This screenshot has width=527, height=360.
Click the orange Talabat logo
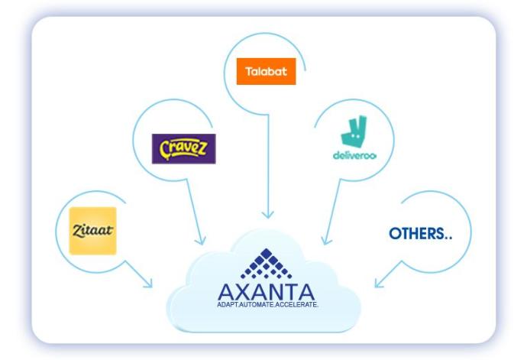[x=266, y=72]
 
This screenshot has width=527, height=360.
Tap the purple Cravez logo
[x=183, y=148]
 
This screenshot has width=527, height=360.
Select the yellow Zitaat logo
[x=92, y=230]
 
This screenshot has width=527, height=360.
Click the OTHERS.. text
[x=420, y=234]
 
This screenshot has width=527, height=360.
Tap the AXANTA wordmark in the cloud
[x=266, y=292]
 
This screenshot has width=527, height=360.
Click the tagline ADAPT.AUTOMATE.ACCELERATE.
[x=267, y=304]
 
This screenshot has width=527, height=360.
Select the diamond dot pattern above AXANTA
[x=266, y=264]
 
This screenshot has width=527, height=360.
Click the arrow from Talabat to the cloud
[x=267, y=168]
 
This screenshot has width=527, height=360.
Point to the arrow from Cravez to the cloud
[x=197, y=214]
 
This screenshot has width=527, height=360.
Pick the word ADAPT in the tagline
[x=228, y=304]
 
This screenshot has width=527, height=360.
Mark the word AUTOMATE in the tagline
[x=260, y=304]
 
